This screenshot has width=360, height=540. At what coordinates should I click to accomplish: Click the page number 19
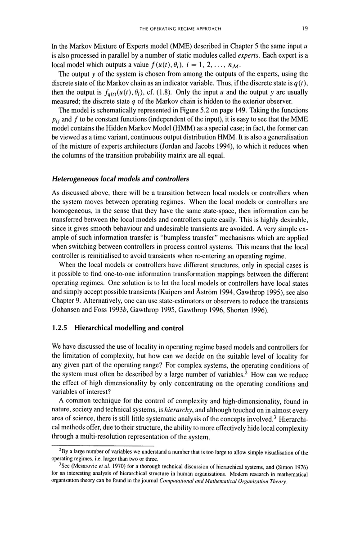point(304,28)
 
